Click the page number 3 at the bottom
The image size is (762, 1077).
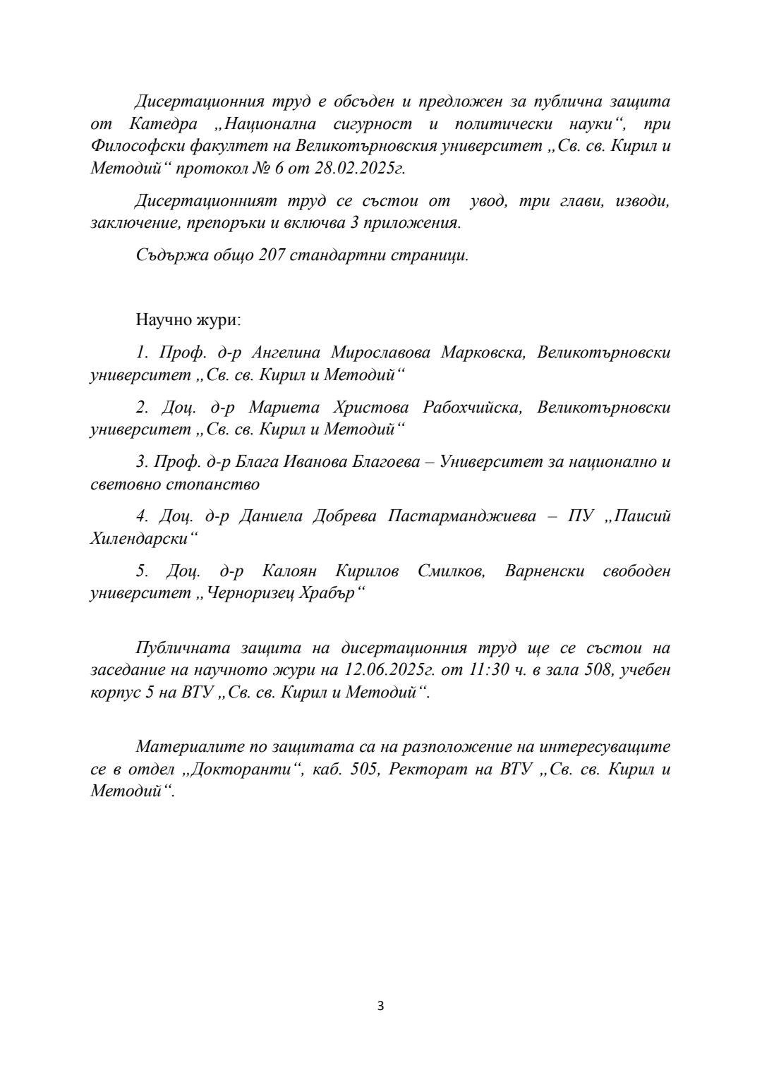pos(381,1005)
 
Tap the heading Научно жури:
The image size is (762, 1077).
pos(188,320)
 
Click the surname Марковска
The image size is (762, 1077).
pos(483,353)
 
